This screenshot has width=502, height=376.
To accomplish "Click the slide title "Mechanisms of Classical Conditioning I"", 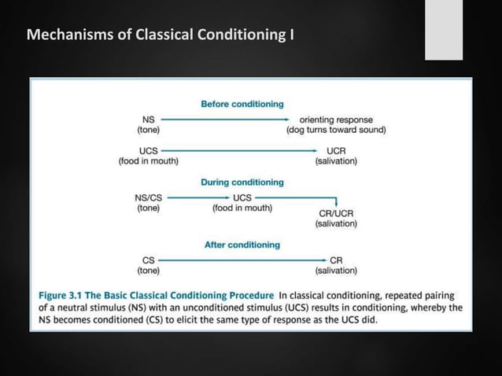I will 161,35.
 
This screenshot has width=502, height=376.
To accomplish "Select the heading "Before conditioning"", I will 242,104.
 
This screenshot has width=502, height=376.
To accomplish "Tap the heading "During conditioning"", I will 242,182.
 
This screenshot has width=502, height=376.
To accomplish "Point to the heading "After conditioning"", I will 242,245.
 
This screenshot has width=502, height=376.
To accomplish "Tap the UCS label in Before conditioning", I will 148,150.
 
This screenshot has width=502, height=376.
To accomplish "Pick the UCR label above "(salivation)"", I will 336,150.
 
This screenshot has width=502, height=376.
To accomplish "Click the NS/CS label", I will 149,197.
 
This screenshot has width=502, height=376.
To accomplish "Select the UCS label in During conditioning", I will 242,197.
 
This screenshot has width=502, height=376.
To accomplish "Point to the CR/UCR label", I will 336,212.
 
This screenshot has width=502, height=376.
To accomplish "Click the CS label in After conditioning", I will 148,260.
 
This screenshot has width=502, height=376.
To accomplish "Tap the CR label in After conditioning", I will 336,260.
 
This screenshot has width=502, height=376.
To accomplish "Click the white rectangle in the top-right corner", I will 444,30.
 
